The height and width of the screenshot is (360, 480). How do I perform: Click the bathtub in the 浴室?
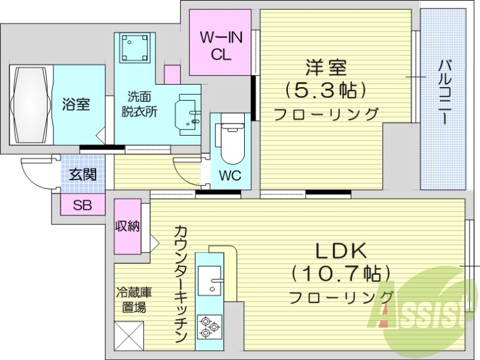[31, 104]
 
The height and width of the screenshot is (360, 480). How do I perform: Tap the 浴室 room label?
[76, 104]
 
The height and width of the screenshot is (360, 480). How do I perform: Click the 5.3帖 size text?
[325, 90]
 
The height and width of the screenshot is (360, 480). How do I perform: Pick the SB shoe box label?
[82, 205]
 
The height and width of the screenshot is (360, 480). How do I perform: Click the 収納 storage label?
[128, 226]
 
